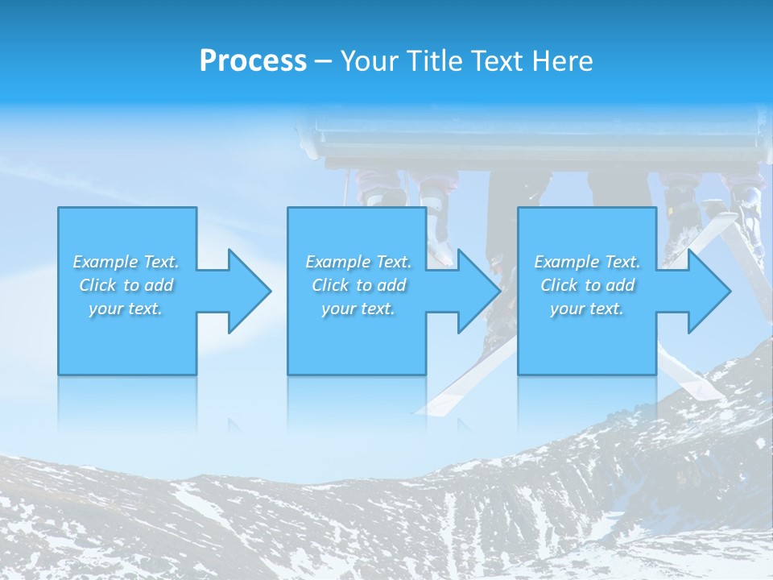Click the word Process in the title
(x=253, y=61)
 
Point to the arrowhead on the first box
(x=246, y=291)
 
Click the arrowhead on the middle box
(x=476, y=291)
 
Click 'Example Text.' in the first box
(x=126, y=262)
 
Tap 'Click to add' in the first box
(x=126, y=285)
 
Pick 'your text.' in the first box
(x=126, y=309)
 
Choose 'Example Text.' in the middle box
(x=358, y=262)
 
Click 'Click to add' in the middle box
(x=358, y=285)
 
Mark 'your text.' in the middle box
(x=358, y=309)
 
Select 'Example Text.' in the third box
(x=587, y=262)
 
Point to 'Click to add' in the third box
(x=587, y=285)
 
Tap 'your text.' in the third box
(x=587, y=309)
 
